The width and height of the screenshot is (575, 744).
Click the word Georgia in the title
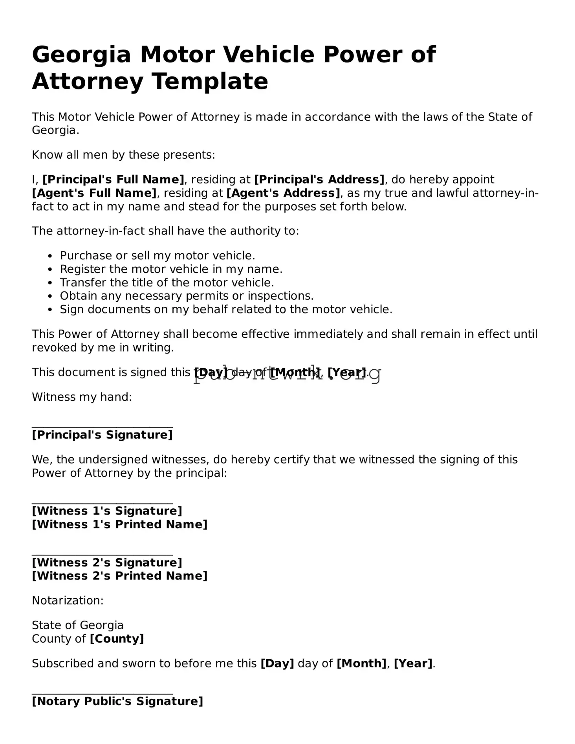click(81, 55)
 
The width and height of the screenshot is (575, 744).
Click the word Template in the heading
click(210, 81)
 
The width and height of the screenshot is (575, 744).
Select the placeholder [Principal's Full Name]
click(113, 180)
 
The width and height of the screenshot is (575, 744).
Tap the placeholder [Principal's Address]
click(319, 180)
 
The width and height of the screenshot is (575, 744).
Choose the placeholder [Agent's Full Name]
click(94, 193)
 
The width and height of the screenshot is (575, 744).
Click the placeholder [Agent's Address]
click(283, 193)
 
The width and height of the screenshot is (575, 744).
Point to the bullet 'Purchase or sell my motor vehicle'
click(157, 256)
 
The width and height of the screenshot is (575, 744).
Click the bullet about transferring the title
click(167, 282)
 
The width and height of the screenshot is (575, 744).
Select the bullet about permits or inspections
click(187, 296)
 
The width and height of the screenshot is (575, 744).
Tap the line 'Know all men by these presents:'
click(123, 155)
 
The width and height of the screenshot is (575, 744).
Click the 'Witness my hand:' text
click(82, 397)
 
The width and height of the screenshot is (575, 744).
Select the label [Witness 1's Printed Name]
click(119, 524)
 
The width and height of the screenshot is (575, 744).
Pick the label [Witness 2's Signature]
click(107, 563)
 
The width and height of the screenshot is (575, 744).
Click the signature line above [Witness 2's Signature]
click(102, 555)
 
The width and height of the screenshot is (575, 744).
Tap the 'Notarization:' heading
click(68, 600)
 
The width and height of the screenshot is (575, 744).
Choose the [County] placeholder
click(117, 639)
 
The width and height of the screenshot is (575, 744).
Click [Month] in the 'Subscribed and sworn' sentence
click(361, 663)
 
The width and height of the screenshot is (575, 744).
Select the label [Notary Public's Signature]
click(117, 701)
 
